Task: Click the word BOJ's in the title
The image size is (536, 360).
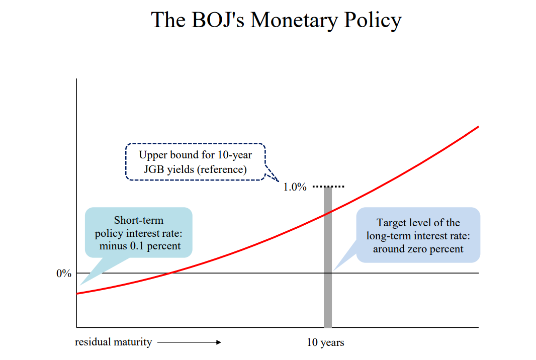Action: click(218, 20)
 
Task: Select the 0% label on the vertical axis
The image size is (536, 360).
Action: click(64, 274)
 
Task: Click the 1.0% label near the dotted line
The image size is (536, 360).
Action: click(295, 187)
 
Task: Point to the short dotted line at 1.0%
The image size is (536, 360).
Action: click(328, 187)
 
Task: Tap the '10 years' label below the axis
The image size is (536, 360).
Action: click(325, 342)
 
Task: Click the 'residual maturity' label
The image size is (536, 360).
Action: click(114, 342)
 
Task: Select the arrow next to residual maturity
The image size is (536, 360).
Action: click(190, 342)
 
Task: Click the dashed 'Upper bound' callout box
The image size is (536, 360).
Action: click(196, 162)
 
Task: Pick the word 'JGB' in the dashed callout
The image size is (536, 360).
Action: click(154, 169)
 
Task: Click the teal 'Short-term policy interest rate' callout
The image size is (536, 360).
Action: click(139, 232)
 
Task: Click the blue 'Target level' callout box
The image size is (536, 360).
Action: click(418, 235)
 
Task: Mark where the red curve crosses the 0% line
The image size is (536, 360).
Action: click(169, 273)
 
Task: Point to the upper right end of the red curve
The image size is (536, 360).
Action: click(478, 127)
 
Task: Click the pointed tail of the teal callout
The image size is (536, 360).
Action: click(80, 285)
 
